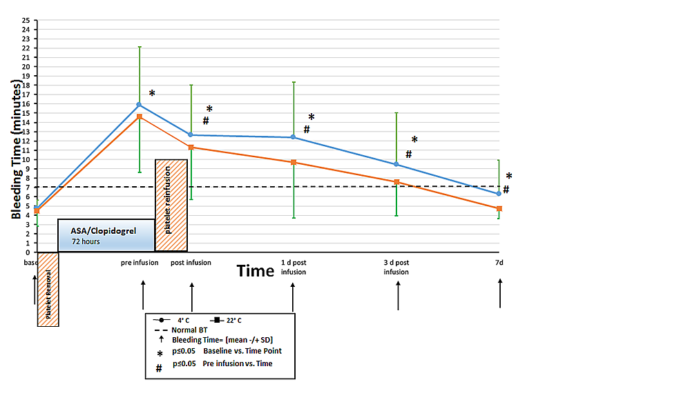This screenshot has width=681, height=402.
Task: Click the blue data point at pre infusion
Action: point(139,105)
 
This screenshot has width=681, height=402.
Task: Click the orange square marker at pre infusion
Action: point(139,117)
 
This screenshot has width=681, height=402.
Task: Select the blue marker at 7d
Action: point(499,194)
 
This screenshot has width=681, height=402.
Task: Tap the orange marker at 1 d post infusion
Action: point(293,162)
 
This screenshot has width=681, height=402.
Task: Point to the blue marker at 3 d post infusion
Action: point(396,164)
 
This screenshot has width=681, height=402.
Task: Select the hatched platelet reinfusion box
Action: point(171,205)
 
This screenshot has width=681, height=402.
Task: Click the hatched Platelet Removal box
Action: point(48,289)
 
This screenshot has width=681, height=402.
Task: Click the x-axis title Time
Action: point(256,271)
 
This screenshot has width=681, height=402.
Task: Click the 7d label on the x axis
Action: point(499,263)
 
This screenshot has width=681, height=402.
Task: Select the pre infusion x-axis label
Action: point(140,263)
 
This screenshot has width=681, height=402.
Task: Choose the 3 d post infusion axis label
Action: point(396,267)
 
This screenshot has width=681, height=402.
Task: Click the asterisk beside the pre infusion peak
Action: point(152,94)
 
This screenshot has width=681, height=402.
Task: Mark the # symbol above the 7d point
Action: point(506,190)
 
